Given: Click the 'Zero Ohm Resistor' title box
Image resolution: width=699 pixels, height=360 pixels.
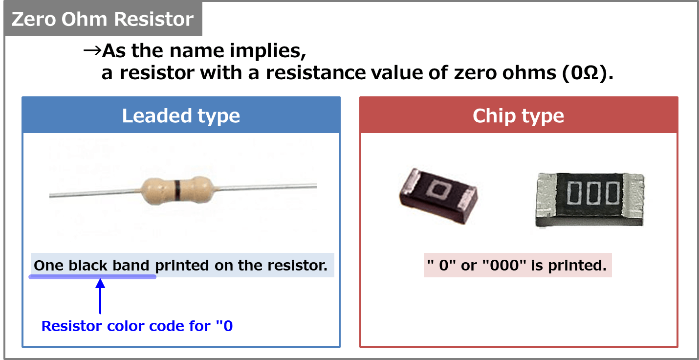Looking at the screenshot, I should pos(103,20).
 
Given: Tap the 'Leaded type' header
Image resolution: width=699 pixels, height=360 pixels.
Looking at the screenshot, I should pos(181,116).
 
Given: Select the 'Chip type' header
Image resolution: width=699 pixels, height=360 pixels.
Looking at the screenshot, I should pos(518,116).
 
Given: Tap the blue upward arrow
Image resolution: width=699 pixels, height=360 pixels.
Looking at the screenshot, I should pos(100,295).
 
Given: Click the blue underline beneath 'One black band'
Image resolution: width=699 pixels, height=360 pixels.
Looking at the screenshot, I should pos(92,277).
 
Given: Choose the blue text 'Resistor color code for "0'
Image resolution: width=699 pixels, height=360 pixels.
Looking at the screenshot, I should pos(137,326).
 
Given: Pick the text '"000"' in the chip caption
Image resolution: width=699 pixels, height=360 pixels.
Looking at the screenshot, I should pos(501,266).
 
